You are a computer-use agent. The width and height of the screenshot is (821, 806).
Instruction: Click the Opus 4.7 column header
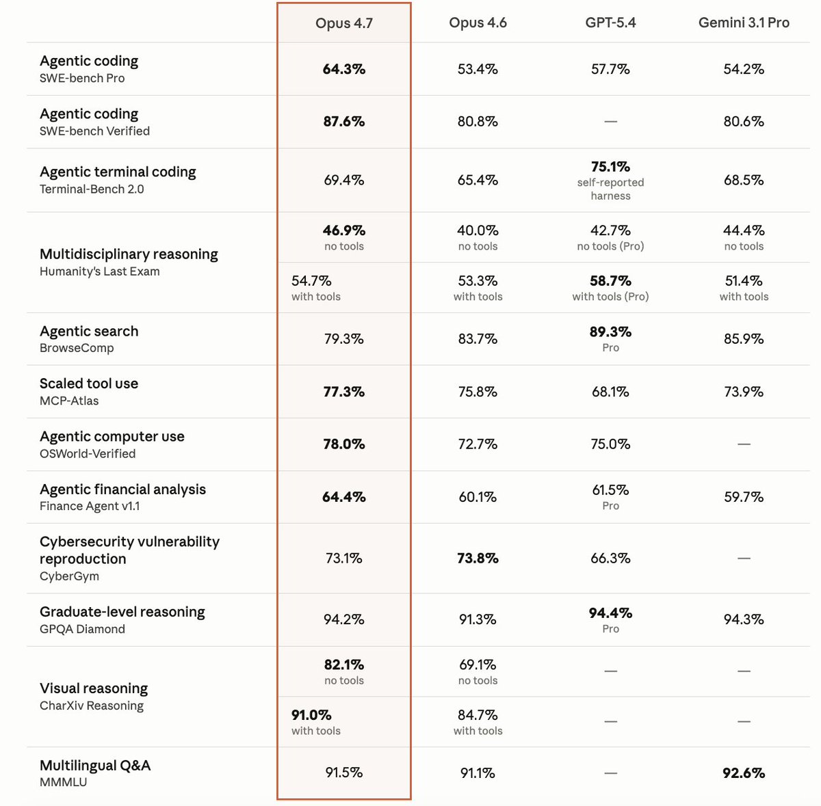[343, 23]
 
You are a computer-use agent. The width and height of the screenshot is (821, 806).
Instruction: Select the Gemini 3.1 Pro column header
[744, 23]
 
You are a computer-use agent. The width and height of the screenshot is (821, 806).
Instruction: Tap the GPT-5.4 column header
[610, 23]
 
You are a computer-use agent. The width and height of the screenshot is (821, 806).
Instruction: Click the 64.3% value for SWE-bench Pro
[343, 69]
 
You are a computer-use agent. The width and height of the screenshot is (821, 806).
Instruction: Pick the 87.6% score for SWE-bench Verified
[343, 122]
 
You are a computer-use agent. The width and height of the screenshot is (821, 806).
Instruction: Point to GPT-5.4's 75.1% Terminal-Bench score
[610, 167]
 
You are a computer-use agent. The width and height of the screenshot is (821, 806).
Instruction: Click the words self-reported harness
[610, 189]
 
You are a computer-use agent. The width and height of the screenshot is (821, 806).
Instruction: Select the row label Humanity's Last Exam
[100, 271]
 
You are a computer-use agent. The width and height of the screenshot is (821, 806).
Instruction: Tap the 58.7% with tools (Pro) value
[610, 281]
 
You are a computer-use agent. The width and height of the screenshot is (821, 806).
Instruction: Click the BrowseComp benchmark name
[77, 348]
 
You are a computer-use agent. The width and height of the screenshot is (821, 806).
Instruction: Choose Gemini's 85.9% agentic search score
[744, 339]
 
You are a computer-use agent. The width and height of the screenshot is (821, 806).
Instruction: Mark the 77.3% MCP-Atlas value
[343, 392]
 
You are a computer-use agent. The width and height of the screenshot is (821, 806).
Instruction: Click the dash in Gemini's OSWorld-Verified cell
[744, 444]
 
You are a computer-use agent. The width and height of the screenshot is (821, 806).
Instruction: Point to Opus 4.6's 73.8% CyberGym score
[478, 559]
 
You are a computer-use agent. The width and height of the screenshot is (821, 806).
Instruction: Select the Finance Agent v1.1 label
[90, 507]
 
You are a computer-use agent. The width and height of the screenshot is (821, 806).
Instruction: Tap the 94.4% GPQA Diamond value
[610, 613]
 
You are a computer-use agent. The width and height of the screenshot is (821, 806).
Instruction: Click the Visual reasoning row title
[94, 688]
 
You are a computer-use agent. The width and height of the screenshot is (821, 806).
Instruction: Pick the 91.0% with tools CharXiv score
[311, 715]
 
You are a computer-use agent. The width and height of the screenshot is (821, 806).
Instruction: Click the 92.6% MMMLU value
[744, 773]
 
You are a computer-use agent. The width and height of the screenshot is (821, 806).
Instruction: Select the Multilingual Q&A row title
[95, 766]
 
